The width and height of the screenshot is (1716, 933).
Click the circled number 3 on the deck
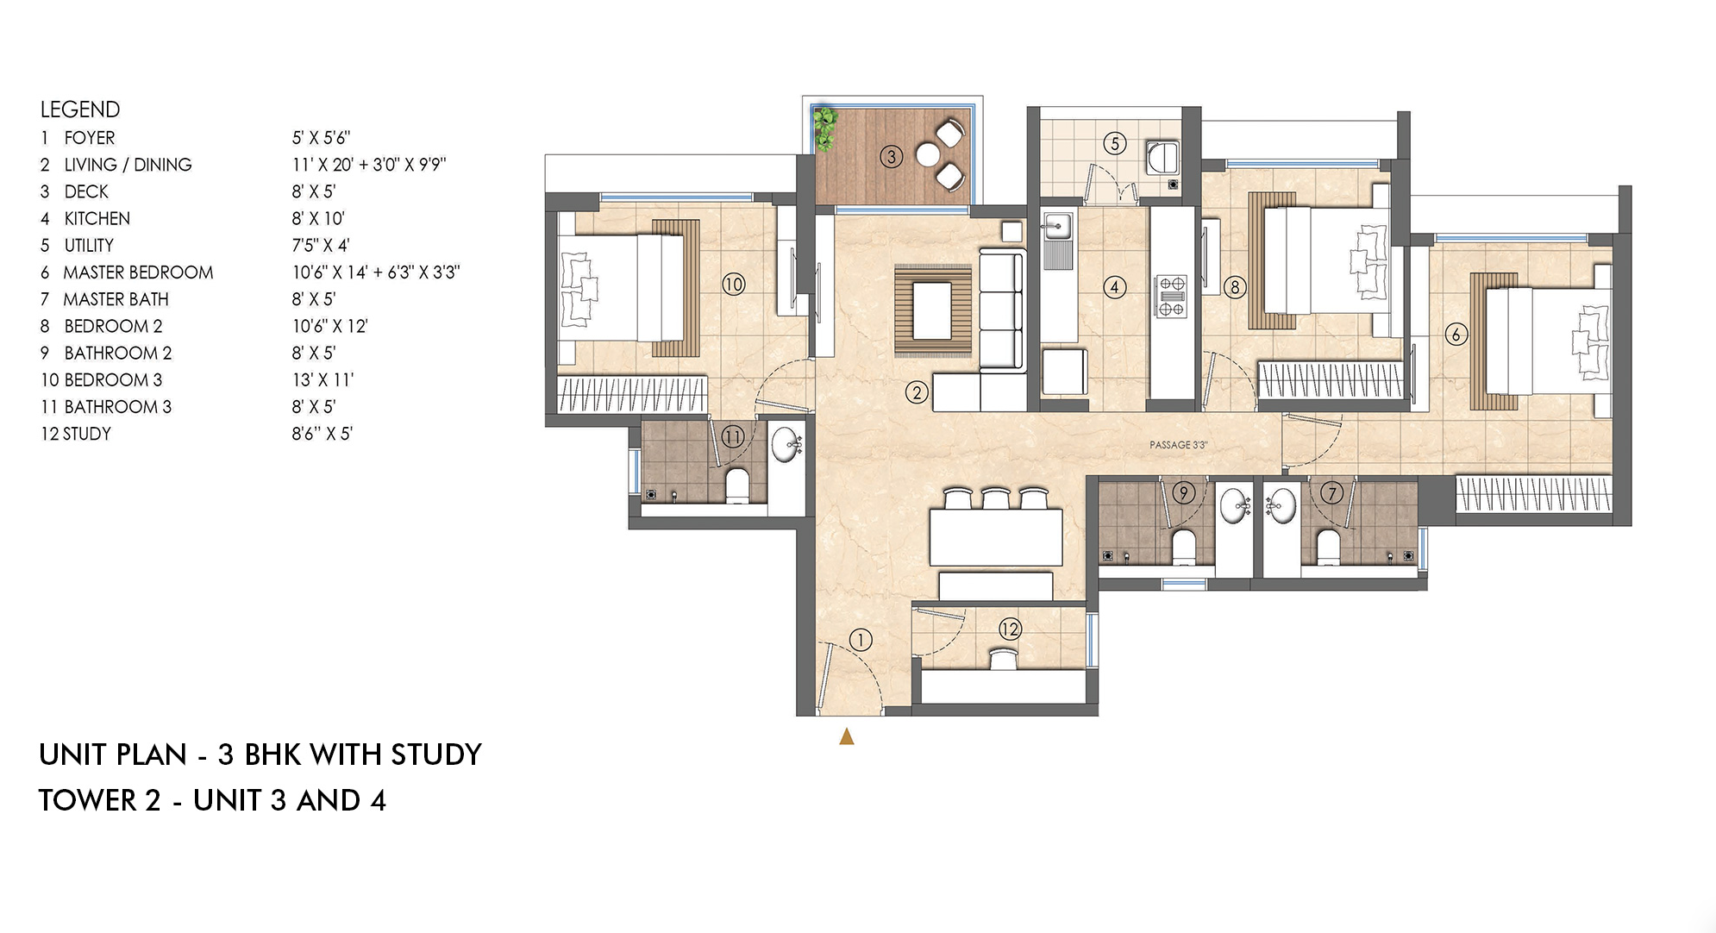click(891, 157)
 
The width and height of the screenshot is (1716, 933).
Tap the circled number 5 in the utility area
click(1114, 143)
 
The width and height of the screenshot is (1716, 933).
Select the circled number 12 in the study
click(1010, 629)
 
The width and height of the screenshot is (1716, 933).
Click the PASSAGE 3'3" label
click(1178, 445)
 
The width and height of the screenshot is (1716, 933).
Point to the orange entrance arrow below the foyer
click(847, 736)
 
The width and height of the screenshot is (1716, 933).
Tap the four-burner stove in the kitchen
click(1170, 297)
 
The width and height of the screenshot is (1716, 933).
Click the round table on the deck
click(927, 155)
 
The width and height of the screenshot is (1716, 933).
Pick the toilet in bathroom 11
click(737, 485)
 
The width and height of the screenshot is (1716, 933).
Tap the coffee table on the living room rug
click(932, 310)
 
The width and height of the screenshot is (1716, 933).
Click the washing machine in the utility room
click(1161, 158)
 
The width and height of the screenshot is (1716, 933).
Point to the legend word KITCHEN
click(97, 219)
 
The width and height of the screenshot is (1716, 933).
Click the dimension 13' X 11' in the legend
click(322, 380)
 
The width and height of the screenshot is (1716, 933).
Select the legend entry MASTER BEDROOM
click(138, 272)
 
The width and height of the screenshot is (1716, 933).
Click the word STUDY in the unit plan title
click(435, 755)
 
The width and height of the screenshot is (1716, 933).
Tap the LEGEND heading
click(80, 110)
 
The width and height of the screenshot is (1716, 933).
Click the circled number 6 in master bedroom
click(1456, 335)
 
